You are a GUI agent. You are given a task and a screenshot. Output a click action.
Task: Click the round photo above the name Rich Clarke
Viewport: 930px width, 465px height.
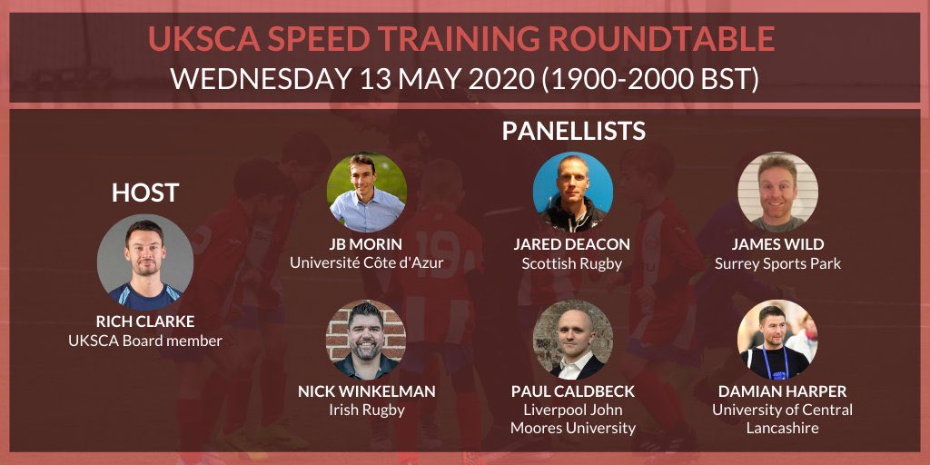145,262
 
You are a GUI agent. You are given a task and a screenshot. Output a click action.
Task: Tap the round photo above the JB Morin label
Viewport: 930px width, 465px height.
366,193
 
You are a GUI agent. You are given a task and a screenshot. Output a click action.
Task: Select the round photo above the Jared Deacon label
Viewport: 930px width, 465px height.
572,193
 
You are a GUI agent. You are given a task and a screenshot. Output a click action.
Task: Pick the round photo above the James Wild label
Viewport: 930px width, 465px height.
777,193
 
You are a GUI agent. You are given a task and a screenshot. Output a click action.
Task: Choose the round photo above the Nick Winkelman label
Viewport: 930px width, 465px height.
366,340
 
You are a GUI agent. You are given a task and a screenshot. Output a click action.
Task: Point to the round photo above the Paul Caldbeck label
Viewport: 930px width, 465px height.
572,340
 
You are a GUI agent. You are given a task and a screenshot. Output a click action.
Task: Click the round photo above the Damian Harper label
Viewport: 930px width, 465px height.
777,340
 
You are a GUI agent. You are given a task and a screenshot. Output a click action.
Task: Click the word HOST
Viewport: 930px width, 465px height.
145,193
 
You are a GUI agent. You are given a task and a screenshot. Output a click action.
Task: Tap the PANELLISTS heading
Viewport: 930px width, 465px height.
573,131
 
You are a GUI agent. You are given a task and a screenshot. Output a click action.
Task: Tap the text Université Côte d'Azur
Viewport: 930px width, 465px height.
367,263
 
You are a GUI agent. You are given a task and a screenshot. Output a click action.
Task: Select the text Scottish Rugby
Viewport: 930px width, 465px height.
572,263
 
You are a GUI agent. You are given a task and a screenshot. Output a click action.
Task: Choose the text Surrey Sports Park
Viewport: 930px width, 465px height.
777,263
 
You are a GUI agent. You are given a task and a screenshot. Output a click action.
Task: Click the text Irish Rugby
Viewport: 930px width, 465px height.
366,411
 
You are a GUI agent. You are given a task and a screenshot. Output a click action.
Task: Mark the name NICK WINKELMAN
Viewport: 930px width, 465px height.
366,391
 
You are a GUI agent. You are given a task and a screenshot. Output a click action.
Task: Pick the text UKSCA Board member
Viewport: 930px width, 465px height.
145,341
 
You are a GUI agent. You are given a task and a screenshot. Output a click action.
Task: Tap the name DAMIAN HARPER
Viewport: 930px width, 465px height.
777,391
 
